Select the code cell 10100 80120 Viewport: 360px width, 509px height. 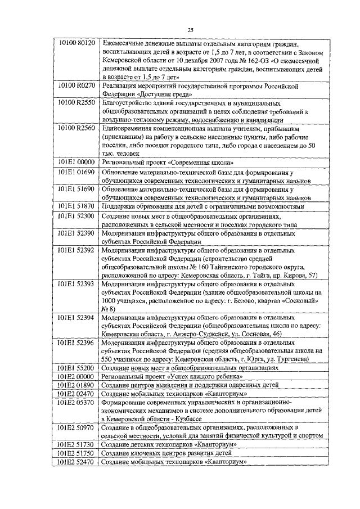click(x=78, y=42)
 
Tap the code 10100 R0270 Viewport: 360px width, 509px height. click(x=78, y=85)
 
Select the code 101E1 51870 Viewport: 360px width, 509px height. click(x=78, y=206)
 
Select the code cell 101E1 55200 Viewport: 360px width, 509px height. click(x=78, y=367)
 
